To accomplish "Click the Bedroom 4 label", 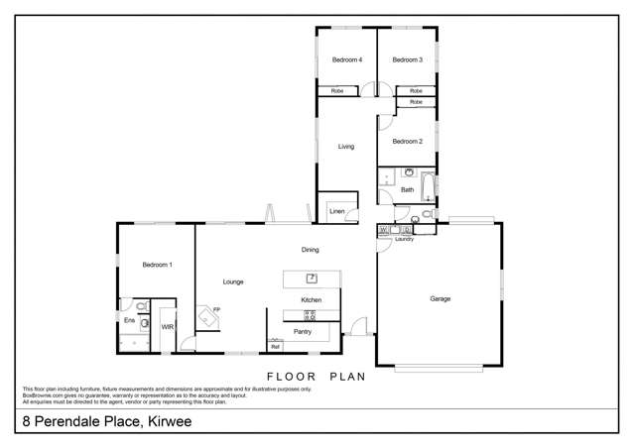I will [x=346, y=60].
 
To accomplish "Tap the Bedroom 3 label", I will [x=407, y=60].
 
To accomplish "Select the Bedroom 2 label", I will [x=407, y=142].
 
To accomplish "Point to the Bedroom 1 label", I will [x=157, y=265].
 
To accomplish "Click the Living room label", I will [x=345, y=147].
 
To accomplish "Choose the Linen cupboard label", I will [x=336, y=211].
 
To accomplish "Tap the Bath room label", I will [x=407, y=189].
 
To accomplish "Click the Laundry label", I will [x=404, y=240].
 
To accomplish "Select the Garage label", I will [x=440, y=298].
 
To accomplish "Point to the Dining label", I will [x=311, y=250].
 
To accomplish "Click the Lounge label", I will [x=233, y=281].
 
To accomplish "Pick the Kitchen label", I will [x=312, y=299].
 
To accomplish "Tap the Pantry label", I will [x=303, y=331].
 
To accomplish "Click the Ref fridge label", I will [x=275, y=346].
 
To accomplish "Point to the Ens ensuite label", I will [x=129, y=320].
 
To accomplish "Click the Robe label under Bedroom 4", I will [x=336, y=91].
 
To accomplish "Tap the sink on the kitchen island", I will [x=311, y=278].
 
